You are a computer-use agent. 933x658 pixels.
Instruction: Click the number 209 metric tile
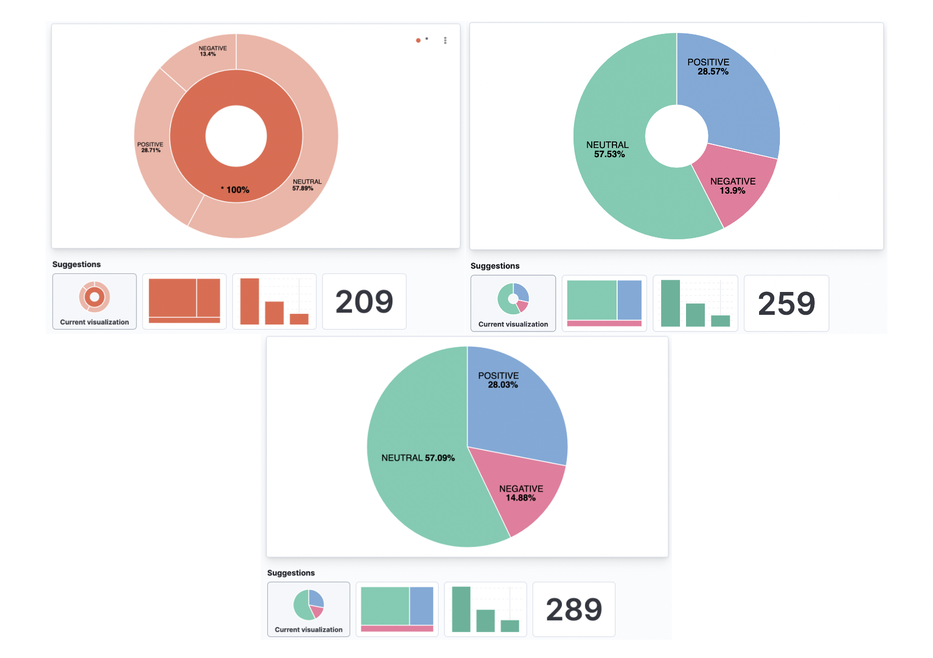(364, 302)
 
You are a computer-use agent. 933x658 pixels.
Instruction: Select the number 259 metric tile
(786, 304)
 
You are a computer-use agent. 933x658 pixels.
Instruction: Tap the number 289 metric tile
(573, 609)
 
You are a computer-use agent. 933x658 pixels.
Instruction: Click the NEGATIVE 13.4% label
(212, 51)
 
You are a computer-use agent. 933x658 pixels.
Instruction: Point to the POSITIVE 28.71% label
(150, 147)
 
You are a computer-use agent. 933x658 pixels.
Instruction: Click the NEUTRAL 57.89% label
(306, 185)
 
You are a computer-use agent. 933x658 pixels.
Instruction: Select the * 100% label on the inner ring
(235, 190)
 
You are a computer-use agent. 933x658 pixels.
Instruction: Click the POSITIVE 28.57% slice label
(708, 67)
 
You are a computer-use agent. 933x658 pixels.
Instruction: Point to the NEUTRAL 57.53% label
(608, 150)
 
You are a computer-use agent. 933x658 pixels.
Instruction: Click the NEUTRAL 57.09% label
(418, 458)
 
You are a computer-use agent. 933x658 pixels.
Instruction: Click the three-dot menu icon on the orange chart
(445, 41)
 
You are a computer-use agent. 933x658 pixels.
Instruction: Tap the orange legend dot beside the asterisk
(418, 41)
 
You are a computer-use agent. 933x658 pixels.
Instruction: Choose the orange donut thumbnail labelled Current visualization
(94, 302)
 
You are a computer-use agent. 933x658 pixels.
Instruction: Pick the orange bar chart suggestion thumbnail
(274, 302)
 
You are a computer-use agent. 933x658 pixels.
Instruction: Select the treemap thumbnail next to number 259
(604, 304)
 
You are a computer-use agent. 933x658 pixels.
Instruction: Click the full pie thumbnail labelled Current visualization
(308, 609)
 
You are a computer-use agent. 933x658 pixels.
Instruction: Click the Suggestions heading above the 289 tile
(291, 573)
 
